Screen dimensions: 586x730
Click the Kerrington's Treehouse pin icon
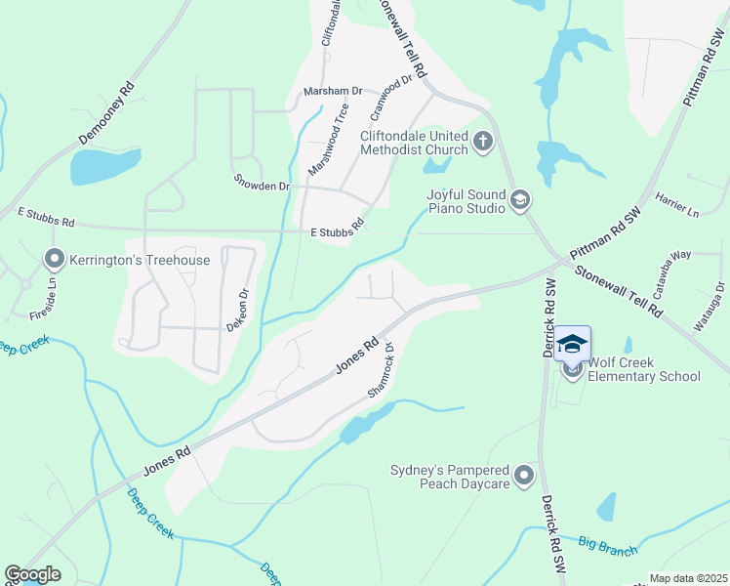[54, 260]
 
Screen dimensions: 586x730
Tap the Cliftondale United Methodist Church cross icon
[482, 143]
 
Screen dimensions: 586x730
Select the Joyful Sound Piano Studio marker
[520, 200]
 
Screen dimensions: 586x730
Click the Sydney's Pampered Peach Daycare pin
[525, 476]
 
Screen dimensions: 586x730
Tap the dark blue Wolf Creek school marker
[573, 345]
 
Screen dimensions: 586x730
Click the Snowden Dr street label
[263, 183]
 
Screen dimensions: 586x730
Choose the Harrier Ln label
[678, 205]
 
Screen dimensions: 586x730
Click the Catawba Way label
[667, 258]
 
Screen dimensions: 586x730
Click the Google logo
[32, 574]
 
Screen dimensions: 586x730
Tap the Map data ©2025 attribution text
[688, 578]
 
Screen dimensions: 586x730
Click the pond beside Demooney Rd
[105, 167]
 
